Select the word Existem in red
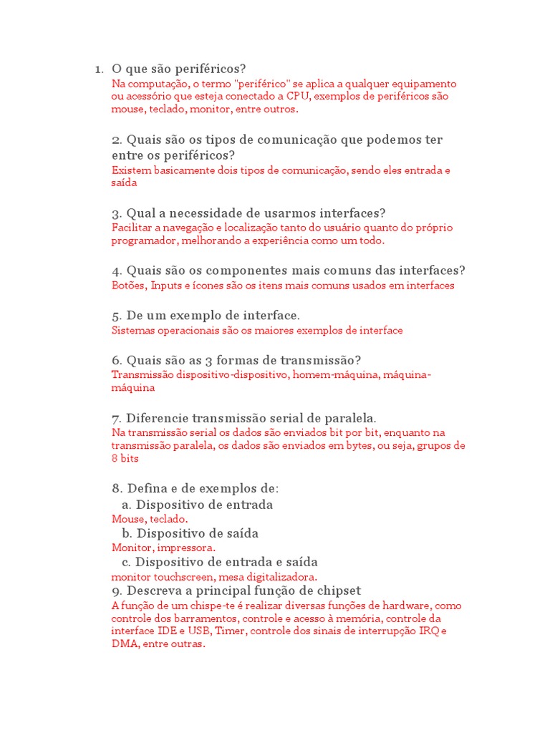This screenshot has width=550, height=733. click(130, 170)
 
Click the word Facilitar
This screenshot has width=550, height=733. click(131, 227)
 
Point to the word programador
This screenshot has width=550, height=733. click(143, 241)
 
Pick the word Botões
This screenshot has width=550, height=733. click(128, 286)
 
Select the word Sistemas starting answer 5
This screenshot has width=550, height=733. click(133, 330)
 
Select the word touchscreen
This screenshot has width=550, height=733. click(176, 576)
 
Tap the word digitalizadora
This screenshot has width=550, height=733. click(279, 576)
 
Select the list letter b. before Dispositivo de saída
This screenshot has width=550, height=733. click(126, 533)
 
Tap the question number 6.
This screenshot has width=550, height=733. click(117, 359)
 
